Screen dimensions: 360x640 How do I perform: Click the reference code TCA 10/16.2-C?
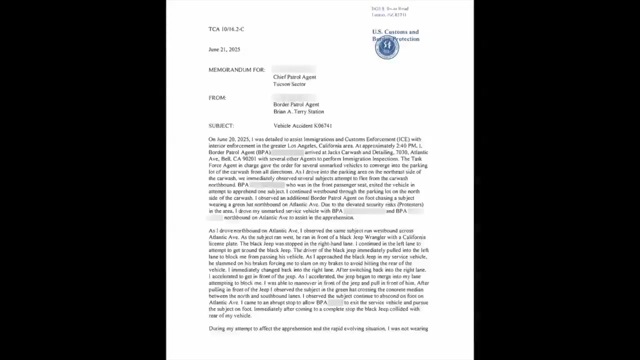click(226, 29)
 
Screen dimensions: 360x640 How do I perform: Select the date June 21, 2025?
click(224, 49)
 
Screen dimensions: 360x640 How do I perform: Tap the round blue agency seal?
click(386, 48)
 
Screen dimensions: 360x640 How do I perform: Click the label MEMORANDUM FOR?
click(236, 70)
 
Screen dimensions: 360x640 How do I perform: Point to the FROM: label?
click(217, 98)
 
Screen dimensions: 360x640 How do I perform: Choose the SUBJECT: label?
click(221, 126)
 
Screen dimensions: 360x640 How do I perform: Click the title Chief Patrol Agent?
click(294, 77)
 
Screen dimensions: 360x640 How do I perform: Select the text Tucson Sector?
click(289, 84)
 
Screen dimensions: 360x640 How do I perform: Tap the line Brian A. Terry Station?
click(298, 111)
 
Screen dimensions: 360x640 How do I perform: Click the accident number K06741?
click(323, 126)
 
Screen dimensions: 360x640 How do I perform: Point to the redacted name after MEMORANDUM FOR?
click(293, 69)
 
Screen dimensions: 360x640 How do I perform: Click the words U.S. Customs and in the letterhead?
click(395, 32)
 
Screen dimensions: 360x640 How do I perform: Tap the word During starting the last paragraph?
click(216, 329)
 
